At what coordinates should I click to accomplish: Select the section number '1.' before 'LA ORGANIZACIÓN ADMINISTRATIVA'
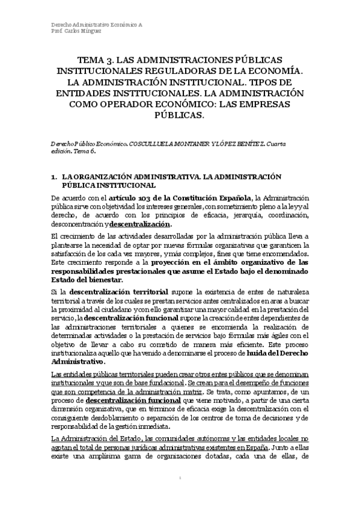pyautogui.click(x=54, y=177)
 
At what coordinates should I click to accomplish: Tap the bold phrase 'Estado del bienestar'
pyautogui.click(x=87, y=280)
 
